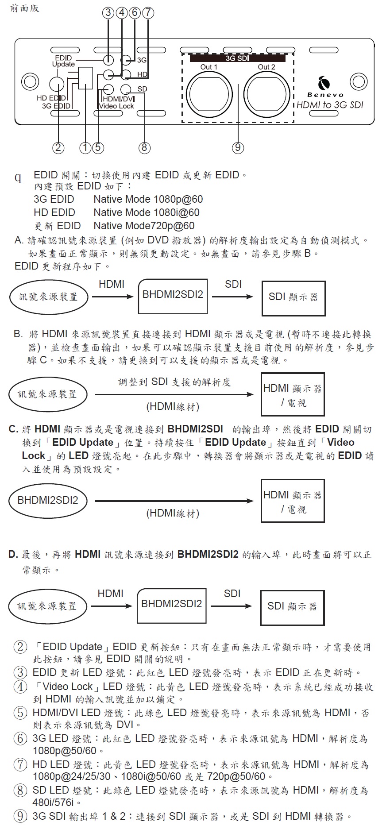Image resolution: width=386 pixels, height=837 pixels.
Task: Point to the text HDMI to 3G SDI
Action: point(329,105)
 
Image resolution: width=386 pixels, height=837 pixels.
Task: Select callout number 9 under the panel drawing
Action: point(238,147)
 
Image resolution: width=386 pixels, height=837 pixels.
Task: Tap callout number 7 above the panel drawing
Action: point(148,12)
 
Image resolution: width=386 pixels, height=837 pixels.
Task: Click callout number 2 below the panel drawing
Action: point(58,147)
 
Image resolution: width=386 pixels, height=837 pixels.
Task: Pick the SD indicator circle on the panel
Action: point(126,89)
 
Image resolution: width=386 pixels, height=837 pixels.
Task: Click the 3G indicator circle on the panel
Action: point(126,60)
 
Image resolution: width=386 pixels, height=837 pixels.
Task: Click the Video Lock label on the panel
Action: point(116,106)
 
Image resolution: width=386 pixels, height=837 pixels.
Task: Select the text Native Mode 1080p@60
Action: point(148,199)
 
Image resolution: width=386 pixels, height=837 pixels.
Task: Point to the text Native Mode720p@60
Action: point(144,226)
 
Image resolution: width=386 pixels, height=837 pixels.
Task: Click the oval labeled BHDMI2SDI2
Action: point(47,501)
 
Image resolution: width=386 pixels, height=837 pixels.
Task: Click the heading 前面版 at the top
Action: point(25,8)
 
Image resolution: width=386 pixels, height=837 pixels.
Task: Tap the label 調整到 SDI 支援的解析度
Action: point(174,382)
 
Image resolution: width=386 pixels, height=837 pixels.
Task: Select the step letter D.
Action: point(13,554)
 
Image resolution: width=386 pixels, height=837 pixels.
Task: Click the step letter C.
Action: point(13,429)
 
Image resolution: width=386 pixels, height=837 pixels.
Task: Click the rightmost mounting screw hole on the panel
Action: point(358,81)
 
